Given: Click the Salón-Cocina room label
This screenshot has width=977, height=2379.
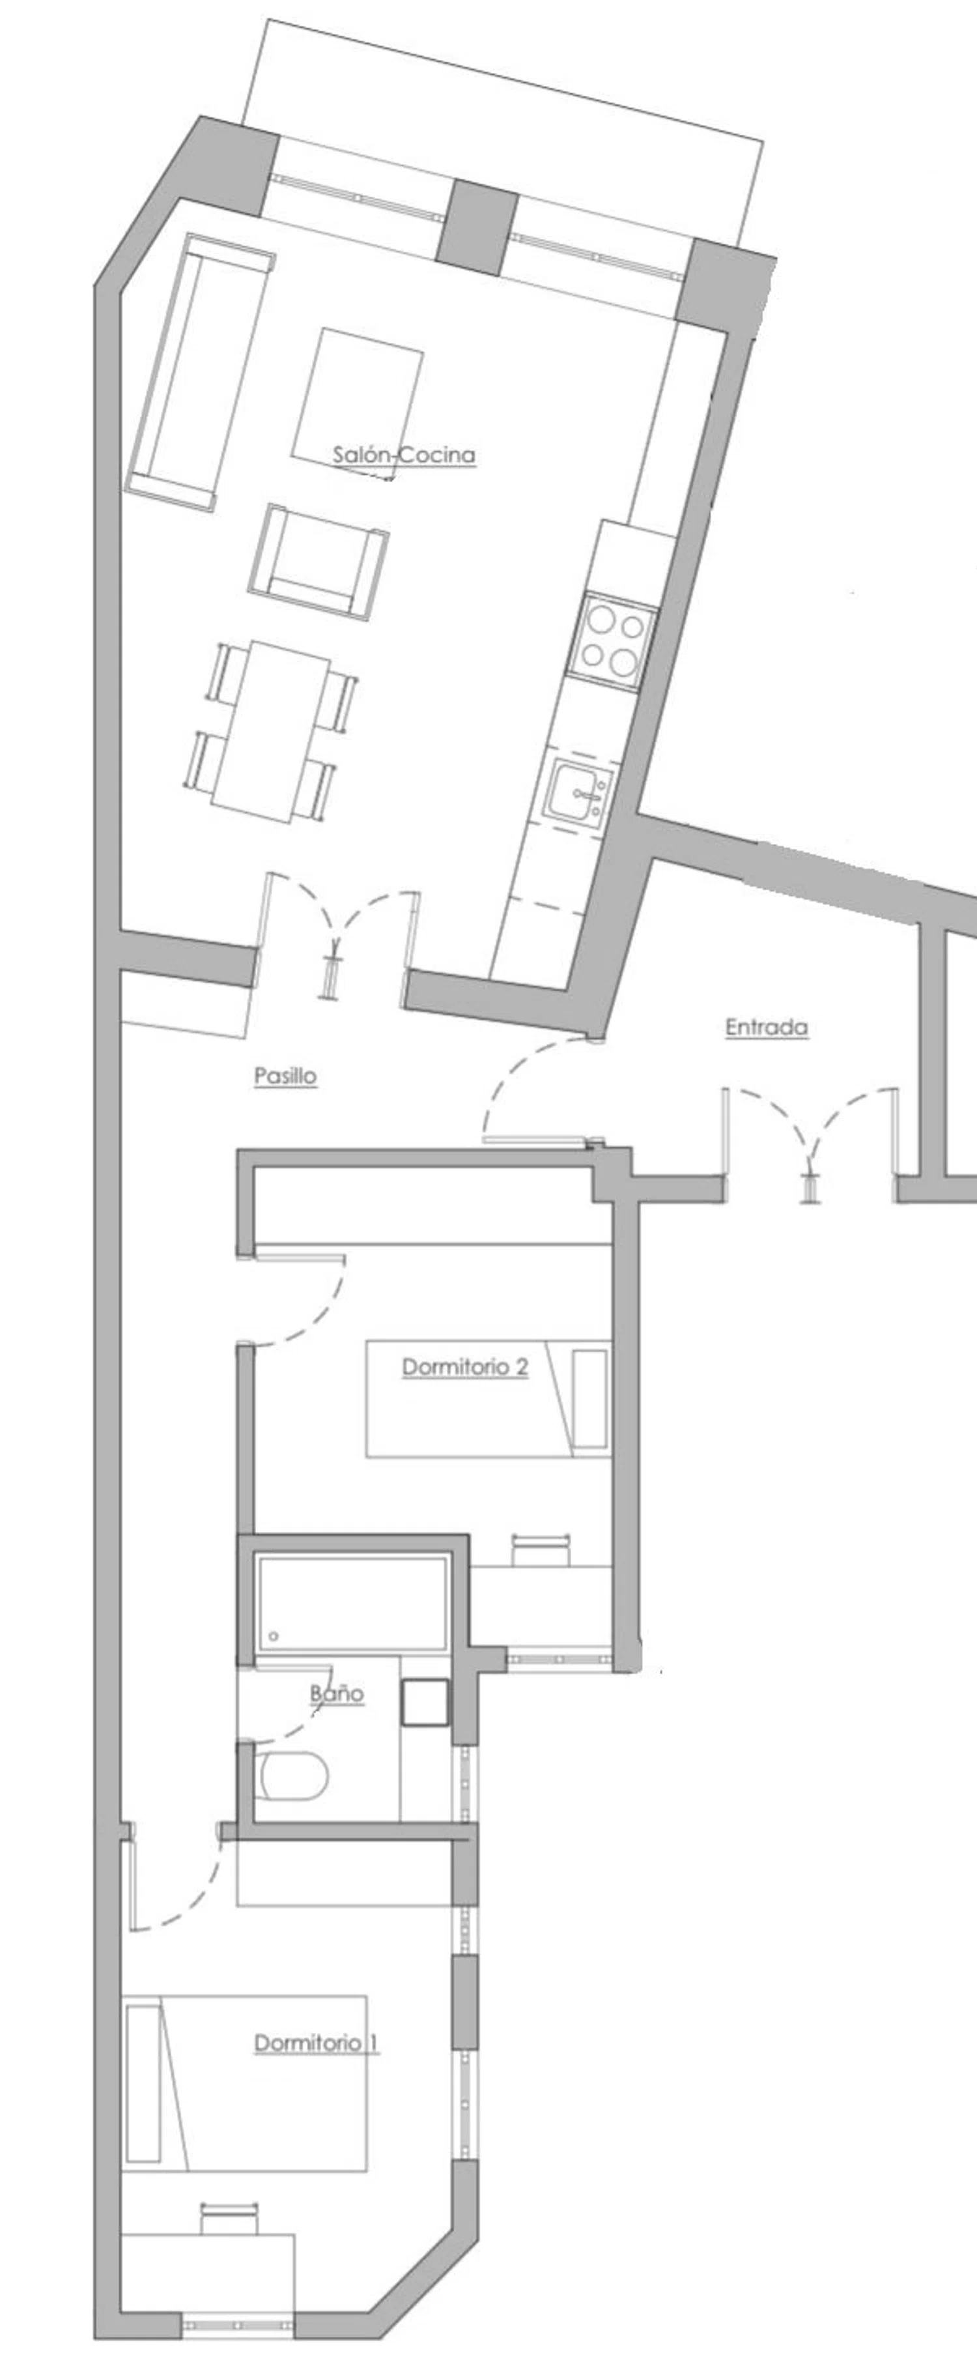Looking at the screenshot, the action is [x=404, y=454].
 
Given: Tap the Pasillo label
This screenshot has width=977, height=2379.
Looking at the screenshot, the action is [x=285, y=1076].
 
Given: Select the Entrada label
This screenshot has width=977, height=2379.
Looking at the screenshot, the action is [x=767, y=1027].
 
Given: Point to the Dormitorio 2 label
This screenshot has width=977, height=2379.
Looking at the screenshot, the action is [x=464, y=1367].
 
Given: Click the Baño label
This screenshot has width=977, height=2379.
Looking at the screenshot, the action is [x=337, y=1694].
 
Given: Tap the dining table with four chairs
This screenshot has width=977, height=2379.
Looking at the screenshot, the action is [x=270, y=730].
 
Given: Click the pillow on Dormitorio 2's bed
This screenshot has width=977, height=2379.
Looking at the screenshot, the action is [x=589, y=1399].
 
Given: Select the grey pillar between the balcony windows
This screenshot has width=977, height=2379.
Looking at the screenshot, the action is [x=477, y=227].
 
